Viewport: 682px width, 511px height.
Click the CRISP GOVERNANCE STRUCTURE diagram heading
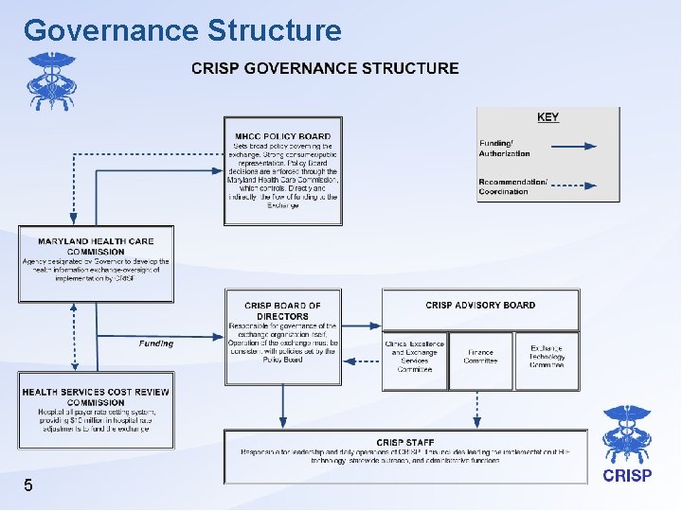click(x=325, y=68)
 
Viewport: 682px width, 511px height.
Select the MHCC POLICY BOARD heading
click(x=282, y=136)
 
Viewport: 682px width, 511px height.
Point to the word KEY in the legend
click(x=547, y=117)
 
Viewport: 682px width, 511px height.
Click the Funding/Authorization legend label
click(x=505, y=148)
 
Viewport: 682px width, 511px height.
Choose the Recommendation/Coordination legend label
click(x=512, y=186)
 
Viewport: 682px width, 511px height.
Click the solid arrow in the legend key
click(x=563, y=147)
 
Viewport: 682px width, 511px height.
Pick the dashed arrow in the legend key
click(x=563, y=185)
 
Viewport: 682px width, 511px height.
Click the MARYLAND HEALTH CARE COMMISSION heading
click(x=95, y=246)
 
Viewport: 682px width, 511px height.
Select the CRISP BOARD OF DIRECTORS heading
click(x=282, y=310)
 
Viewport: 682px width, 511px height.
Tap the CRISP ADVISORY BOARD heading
click(x=480, y=305)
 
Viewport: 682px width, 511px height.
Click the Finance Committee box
click(x=480, y=357)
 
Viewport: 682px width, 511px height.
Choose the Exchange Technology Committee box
click(x=547, y=357)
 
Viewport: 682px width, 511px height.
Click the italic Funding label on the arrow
click(x=156, y=344)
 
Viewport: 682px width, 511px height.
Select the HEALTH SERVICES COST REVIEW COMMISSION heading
click(x=96, y=396)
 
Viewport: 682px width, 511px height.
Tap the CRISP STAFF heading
click(x=404, y=442)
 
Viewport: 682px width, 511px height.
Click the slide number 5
click(x=28, y=485)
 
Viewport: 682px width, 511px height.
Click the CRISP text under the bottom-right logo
click(x=626, y=476)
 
